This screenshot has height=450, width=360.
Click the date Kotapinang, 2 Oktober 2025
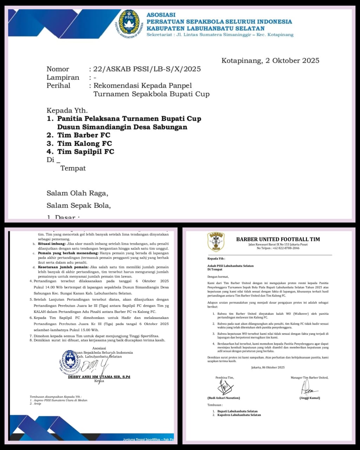click(270, 60)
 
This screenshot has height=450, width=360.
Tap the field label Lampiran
click(63, 77)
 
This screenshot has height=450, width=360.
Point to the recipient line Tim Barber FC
click(84, 135)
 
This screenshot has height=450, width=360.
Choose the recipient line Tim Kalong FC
click(84, 143)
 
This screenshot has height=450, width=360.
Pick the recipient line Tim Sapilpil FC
click(86, 152)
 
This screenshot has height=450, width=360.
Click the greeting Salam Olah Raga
click(77, 193)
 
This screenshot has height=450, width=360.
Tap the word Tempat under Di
click(73, 168)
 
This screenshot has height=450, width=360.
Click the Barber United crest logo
click(216, 242)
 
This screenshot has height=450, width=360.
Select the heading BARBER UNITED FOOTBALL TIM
click(278, 239)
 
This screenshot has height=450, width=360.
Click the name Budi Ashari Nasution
click(224, 398)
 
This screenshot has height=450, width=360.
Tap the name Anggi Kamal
click(309, 398)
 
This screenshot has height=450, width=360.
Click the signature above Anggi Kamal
click(308, 388)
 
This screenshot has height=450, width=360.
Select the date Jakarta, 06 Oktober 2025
click(268, 367)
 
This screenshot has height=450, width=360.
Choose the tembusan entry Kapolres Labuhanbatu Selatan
click(239, 415)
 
